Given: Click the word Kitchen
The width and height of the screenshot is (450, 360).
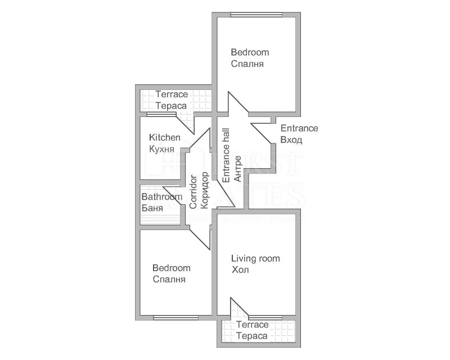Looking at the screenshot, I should (164, 137).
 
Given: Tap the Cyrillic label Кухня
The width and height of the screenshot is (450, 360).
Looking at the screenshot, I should (161, 149).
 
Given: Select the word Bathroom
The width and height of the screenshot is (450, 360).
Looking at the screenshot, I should (161, 197).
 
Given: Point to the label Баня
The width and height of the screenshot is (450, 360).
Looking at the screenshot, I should (152, 208).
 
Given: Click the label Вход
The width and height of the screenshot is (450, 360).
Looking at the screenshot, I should (291, 140).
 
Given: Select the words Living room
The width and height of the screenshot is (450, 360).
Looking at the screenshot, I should (255, 259).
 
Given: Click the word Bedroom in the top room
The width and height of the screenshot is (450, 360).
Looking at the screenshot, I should (250, 52).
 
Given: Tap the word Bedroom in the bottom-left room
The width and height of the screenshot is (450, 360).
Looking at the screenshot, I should (171, 268).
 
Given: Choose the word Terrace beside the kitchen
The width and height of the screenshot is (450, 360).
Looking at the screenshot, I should (172, 94).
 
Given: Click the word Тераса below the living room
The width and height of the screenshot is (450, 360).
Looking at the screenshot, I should (251, 336).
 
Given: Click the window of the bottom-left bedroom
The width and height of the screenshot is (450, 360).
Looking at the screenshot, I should (175, 318).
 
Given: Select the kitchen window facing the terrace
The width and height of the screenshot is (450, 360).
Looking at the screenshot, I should (161, 115).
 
